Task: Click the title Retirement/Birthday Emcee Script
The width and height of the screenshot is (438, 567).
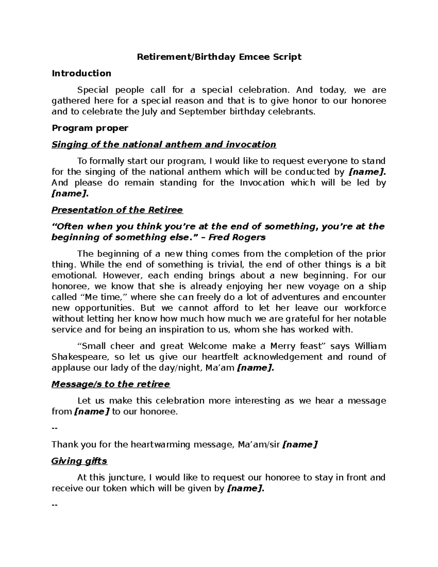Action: coord(219,57)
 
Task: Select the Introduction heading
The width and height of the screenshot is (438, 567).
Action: coord(81,73)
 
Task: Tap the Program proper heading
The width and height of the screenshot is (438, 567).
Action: coord(90,128)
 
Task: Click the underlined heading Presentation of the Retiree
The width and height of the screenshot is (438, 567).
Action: coord(117,210)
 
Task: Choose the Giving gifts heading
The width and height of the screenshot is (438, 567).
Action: coord(79,461)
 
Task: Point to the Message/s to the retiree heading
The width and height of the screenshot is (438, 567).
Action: coord(111,384)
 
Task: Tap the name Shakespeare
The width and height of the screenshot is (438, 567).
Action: coord(80,357)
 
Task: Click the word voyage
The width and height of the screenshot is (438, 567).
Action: coord(330,286)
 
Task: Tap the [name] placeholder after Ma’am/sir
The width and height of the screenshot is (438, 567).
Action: coord(300,445)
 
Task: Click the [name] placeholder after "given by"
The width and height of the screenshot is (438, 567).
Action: coord(245,489)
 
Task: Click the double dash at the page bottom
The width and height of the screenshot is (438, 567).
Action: coord(55,505)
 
